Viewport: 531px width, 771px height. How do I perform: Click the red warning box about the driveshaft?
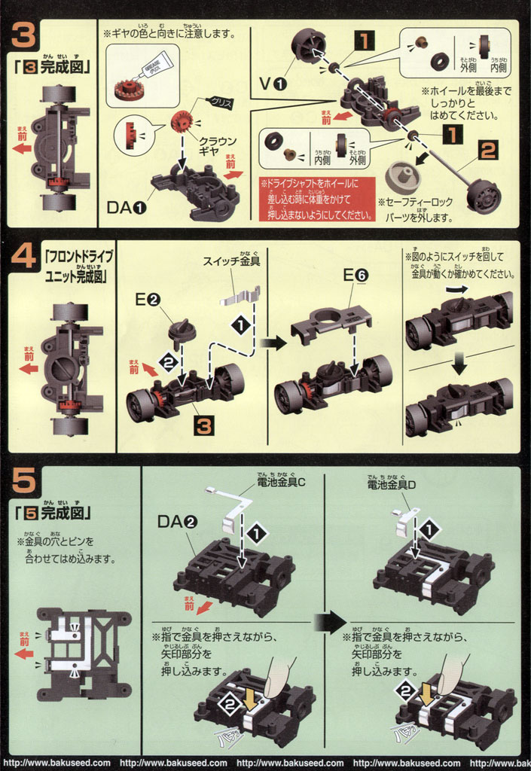tap(316, 199)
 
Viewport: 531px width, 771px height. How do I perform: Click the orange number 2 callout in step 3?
tap(488, 151)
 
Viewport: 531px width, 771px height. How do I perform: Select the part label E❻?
tap(356, 276)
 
